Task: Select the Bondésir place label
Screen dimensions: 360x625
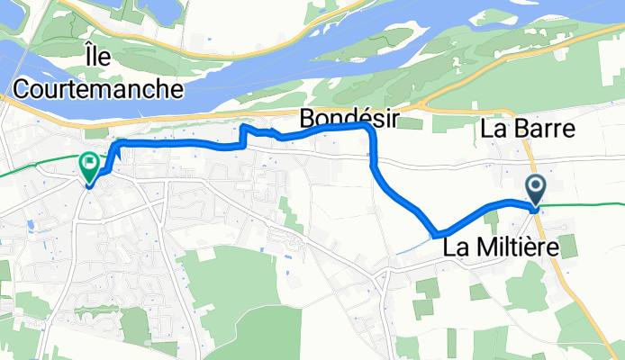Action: (348, 118)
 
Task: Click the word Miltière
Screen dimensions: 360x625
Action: (525, 245)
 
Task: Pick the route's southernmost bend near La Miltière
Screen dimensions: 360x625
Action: (438, 234)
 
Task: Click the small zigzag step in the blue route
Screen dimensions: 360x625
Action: (244, 132)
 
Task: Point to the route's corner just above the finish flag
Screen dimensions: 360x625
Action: (114, 145)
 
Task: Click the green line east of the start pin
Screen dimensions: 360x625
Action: (585, 204)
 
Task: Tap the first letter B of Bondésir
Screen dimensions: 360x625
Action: (306, 118)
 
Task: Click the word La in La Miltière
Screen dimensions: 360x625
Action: (456, 245)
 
